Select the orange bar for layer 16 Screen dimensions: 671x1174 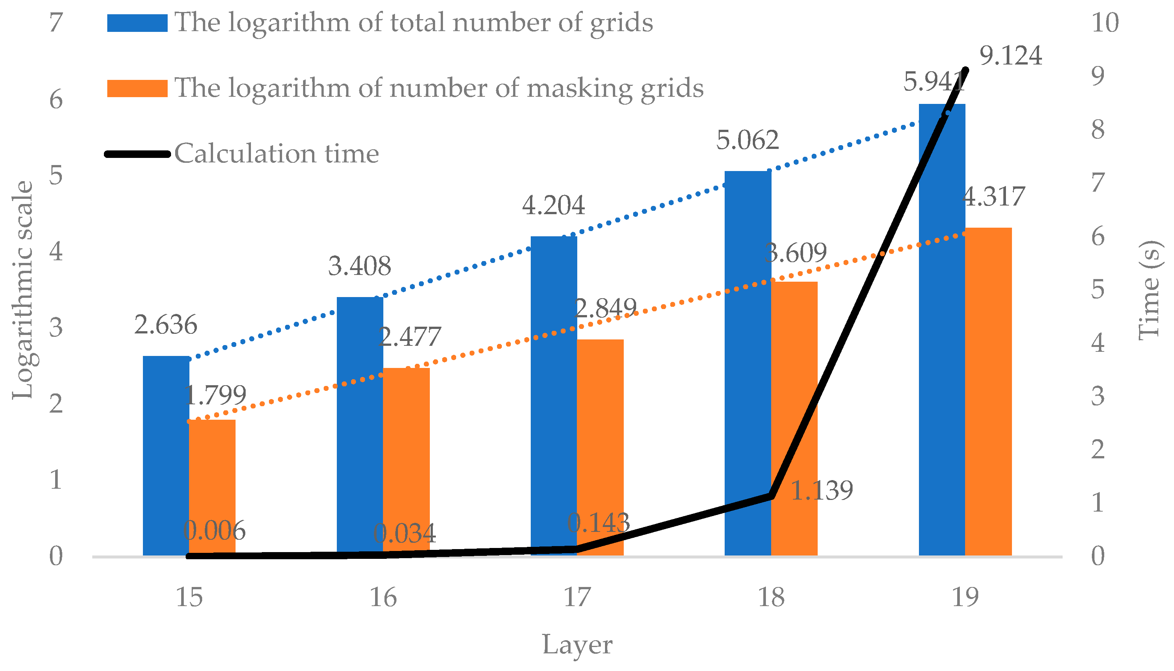(406, 461)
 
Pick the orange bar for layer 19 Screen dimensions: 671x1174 (988, 392)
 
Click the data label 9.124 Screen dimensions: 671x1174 (1010, 56)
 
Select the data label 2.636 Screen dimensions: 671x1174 (166, 325)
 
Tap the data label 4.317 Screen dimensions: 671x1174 (994, 197)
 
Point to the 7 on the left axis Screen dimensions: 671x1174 (56, 22)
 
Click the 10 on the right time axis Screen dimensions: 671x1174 (1105, 22)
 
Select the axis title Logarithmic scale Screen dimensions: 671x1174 (23, 290)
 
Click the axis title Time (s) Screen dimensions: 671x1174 (1148, 290)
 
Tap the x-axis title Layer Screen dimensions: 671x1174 (577, 644)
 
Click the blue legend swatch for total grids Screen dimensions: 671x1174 (137, 23)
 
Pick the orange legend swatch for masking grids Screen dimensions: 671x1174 (137, 89)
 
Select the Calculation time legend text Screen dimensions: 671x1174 (276, 153)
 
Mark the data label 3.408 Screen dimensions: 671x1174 (359, 266)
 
